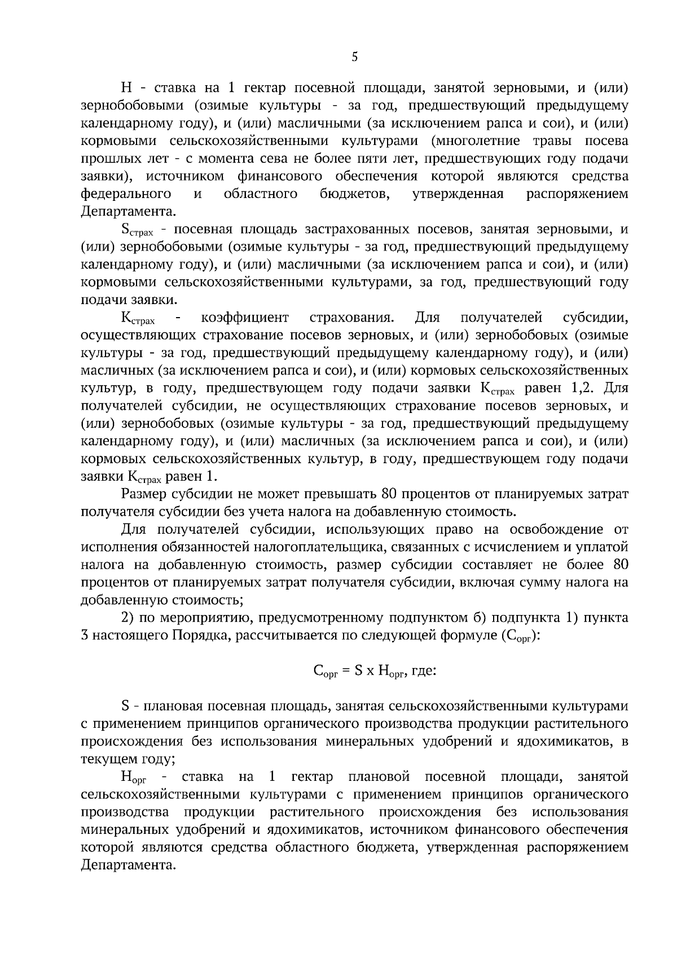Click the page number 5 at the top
354,56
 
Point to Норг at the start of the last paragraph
134,777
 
